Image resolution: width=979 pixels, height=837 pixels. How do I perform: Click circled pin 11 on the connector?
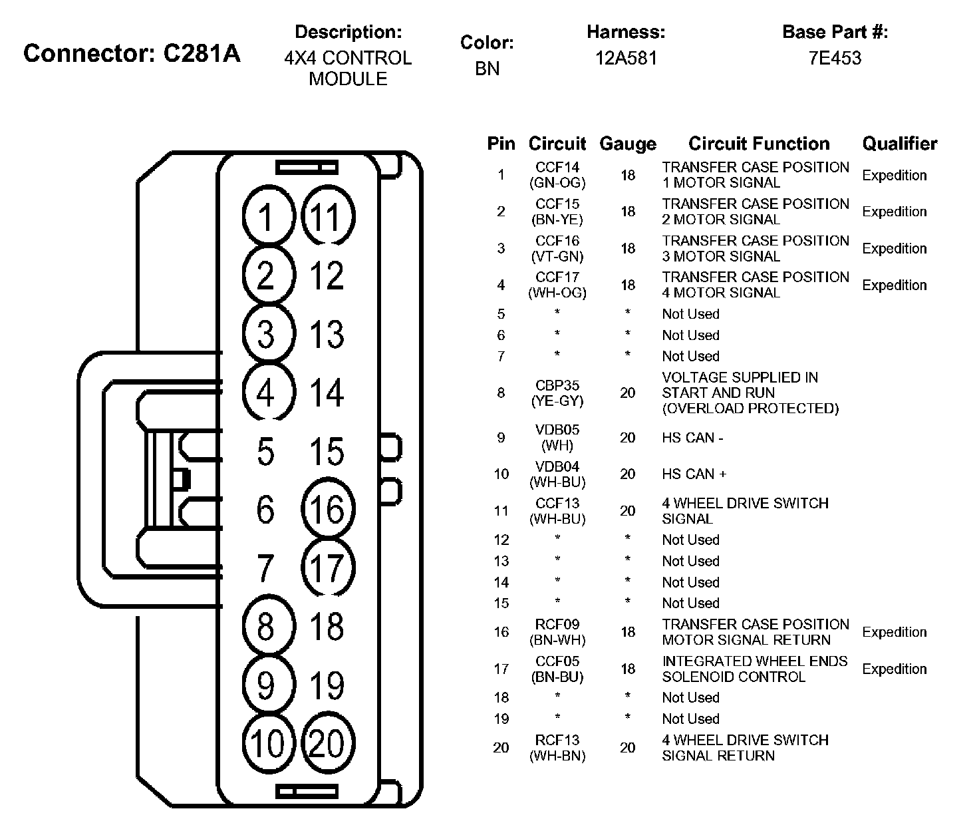(x=327, y=218)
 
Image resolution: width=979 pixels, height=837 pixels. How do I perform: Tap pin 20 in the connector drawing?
(x=327, y=743)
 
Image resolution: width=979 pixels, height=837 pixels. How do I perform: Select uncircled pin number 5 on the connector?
(x=265, y=452)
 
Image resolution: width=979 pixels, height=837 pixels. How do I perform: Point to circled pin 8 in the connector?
(x=266, y=627)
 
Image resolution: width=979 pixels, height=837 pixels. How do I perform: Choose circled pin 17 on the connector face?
(x=327, y=568)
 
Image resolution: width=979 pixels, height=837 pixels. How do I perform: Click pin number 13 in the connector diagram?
(x=327, y=335)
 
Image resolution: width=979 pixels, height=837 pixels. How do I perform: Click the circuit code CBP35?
(x=557, y=385)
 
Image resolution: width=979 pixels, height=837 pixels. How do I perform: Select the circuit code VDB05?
(x=557, y=430)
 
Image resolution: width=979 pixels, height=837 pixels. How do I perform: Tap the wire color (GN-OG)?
(x=557, y=182)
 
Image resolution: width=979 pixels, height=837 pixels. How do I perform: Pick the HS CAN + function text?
(x=694, y=474)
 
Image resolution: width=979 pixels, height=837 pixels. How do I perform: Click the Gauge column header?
(x=627, y=144)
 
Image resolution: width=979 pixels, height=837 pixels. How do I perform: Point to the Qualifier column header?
(x=899, y=144)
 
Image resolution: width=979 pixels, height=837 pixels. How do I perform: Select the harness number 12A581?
(x=626, y=58)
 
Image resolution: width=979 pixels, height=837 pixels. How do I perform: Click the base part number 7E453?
(x=835, y=58)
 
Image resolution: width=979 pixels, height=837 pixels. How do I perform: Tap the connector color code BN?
(x=487, y=69)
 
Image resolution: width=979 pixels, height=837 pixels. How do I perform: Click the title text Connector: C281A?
(x=132, y=53)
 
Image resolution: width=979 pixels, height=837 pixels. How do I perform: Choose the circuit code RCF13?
(x=557, y=740)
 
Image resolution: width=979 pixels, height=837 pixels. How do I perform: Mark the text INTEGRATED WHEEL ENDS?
(x=755, y=661)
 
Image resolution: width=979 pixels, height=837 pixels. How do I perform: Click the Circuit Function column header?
(x=759, y=144)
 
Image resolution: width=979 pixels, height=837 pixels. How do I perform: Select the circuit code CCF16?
(x=557, y=241)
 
